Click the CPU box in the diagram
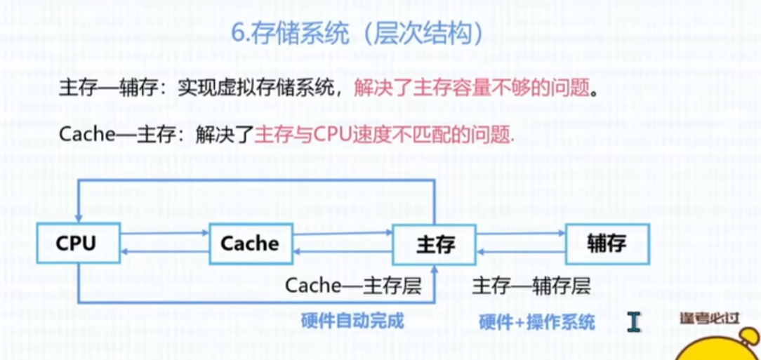(x=78, y=243)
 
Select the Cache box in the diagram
(x=250, y=243)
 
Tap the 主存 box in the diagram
(x=435, y=244)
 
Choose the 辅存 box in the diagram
(x=607, y=244)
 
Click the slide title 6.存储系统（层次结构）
(x=358, y=34)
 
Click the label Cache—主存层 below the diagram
(x=352, y=286)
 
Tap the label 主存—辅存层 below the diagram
(x=531, y=286)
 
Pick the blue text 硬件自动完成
(x=352, y=321)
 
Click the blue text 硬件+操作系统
(x=537, y=322)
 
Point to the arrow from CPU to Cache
(x=166, y=234)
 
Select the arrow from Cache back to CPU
(x=166, y=251)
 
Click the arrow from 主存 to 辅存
(x=521, y=234)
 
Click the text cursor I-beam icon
(x=634, y=321)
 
